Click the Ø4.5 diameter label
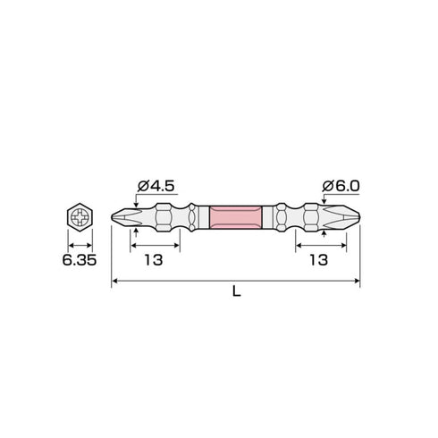coord(156,186)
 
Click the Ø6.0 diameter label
coord(341,186)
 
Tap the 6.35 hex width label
coord(80,260)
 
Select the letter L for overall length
coord(236,291)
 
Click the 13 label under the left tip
coord(154,260)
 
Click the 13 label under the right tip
coord(319,260)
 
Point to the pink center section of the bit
coord(236,217)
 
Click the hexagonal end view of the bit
coord(80,217)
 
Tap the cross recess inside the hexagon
coord(80,217)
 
